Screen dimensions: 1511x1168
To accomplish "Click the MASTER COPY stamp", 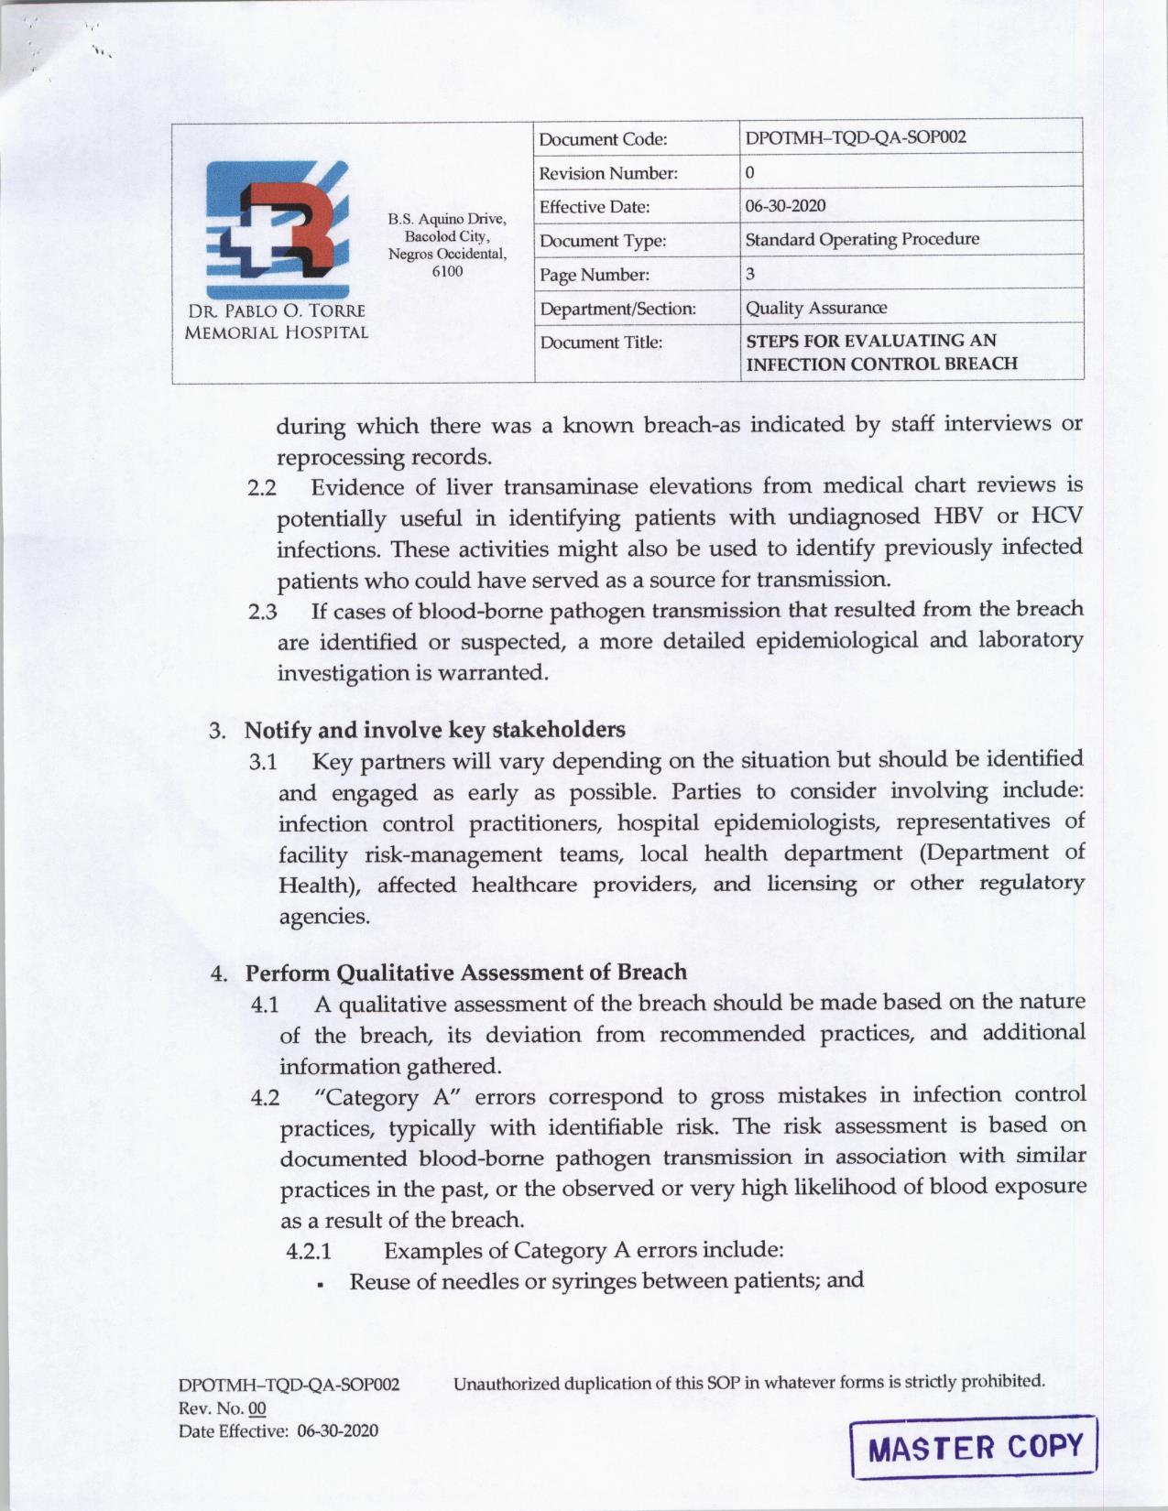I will coord(974,1447).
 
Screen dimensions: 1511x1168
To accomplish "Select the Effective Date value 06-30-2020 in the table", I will coord(785,206).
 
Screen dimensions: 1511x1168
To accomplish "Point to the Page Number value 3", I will coord(750,274).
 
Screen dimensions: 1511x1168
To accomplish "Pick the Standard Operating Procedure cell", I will coord(861,240).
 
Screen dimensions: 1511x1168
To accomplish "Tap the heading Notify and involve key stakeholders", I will coord(434,730).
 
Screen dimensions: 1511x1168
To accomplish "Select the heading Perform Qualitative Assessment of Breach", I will coord(465,973).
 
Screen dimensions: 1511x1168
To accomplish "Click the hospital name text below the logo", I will coord(276,321).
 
